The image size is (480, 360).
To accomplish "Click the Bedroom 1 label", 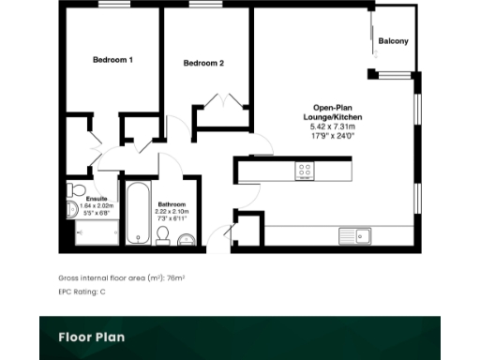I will pyautogui.click(x=112, y=60).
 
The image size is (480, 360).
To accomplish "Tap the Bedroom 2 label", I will pyautogui.click(x=203, y=64).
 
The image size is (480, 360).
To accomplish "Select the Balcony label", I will pyautogui.click(x=393, y=42).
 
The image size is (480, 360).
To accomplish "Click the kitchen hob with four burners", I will pyautogui.click(x=306, y=170).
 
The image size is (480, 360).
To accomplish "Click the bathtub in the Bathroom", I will pyautogui.click(x=138, y=214).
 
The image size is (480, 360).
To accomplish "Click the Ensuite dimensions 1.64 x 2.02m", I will pyautogui.click(x=97, y=207).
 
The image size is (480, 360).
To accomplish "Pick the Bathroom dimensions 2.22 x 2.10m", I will pyautogui.click(x=172, y=211).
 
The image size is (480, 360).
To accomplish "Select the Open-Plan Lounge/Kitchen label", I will pyautogui.click(x=338, y=112).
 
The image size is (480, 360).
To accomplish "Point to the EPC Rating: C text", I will pyautogui.click(x=82, y=292).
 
